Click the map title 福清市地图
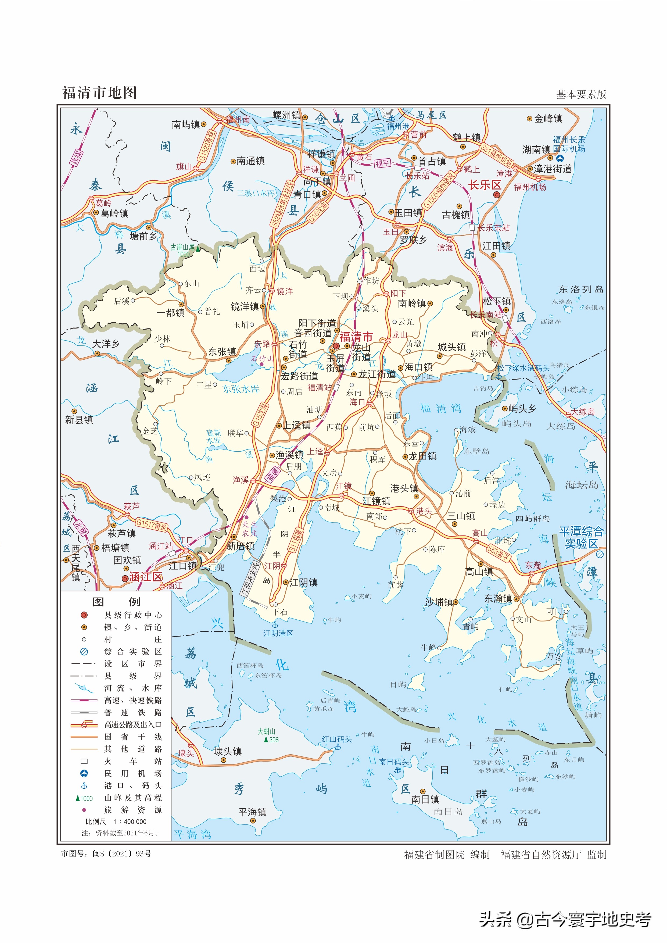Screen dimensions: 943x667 coord(99,93)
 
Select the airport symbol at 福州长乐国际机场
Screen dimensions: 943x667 coord(560,158)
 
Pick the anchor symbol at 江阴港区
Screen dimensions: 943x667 coord(276,625)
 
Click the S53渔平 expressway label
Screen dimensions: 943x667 coord(498,553)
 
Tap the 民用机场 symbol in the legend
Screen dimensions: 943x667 coord(84,773)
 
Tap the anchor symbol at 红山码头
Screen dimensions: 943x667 coord(338,747)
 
